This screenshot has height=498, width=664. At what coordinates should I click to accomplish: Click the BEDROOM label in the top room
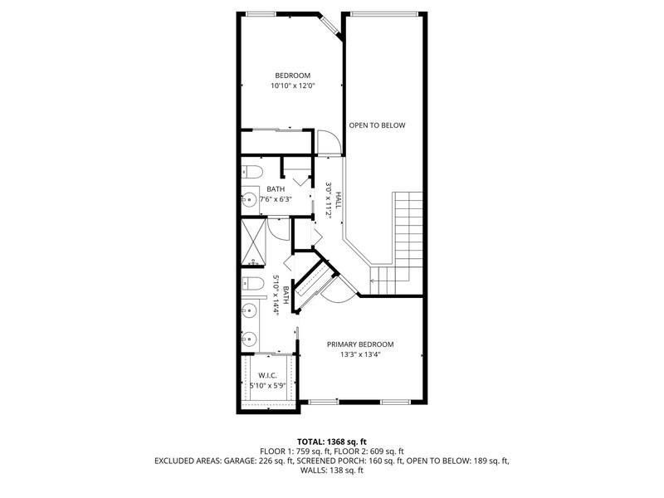[x=293, y=76]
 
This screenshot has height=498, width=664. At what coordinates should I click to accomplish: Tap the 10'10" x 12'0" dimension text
[x=293, y=86]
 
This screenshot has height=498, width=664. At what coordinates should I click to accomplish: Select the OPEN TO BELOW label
[x=377, y=125]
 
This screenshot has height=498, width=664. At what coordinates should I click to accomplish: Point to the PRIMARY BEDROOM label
[x=359, y=344]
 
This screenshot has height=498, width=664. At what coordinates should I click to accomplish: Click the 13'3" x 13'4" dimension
[x=359, y=355]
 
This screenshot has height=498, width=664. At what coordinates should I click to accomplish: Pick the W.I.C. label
[x=267, y=375]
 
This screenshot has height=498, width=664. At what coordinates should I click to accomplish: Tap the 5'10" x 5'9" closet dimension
[x=267, y=386]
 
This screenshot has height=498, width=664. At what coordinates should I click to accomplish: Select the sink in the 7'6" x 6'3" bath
[x=248, y=199]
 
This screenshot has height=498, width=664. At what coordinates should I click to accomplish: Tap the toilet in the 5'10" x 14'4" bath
[x=251, y=282]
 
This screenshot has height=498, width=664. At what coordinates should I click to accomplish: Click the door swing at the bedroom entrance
[x=329, y=143]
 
